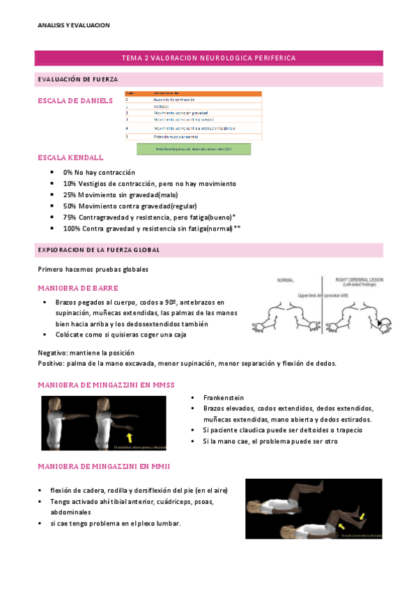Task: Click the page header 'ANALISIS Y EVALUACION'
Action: (74, 25)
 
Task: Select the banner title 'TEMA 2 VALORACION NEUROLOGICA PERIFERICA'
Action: (208, 58)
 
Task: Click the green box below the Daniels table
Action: (193, 148)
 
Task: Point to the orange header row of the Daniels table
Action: (193, 93)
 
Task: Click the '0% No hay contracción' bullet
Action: (99, 172)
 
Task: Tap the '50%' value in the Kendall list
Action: (70, 206)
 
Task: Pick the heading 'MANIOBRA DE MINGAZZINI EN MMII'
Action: (104, 466)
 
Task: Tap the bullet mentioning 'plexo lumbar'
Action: (115, 523)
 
